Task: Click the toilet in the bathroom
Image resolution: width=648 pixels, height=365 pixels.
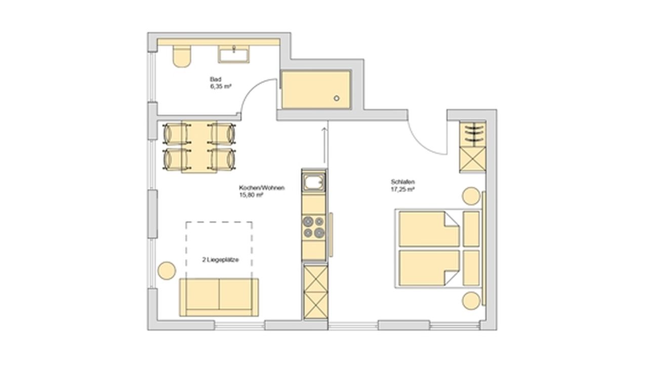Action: [182, 56]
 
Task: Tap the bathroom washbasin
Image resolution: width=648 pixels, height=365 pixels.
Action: [233, 54]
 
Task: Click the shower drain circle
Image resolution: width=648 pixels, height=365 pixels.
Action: [337, 98]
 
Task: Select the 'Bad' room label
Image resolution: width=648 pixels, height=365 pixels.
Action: [216, 80]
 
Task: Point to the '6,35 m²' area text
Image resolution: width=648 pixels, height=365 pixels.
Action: [221, 86]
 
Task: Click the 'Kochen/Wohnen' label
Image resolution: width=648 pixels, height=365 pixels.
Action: [262, 188]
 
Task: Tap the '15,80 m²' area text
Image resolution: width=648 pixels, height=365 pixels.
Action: [251, 195]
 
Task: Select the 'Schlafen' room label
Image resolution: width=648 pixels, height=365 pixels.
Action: [403, 182]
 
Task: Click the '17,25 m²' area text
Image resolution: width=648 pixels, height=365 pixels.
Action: [402, 190]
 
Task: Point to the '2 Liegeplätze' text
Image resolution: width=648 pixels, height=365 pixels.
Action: [220, 260]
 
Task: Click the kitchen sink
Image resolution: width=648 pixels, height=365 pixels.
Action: [313, 182]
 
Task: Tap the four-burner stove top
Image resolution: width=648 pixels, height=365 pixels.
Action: [313, 227]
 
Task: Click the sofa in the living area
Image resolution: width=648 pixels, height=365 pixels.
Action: [219, 297]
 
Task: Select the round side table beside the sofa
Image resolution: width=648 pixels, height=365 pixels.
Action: [167, 271]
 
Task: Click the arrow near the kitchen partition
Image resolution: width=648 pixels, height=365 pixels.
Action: [325, 145]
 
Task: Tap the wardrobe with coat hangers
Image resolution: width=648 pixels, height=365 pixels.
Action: [473, 134]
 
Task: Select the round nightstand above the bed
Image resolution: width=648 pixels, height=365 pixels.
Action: [471, 196]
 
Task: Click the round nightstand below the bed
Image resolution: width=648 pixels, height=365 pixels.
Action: [471, 301]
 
